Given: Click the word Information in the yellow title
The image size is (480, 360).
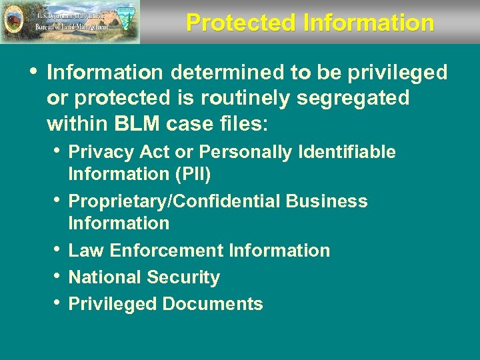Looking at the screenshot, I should click(368, 23).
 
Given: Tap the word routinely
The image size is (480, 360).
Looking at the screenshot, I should click(215, 98).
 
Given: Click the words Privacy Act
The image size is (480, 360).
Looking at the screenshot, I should click(119, 153).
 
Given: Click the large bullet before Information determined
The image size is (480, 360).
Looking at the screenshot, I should click(33, 71).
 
